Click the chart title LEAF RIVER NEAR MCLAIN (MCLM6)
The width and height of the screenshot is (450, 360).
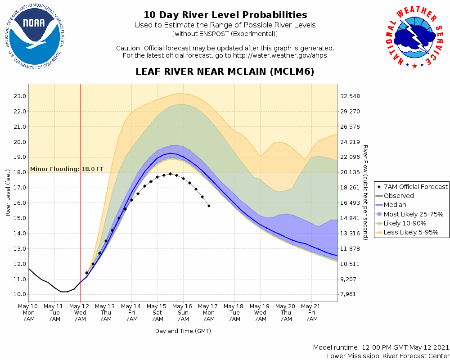coord(225,72)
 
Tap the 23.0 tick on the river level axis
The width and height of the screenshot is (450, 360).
coord(19,96)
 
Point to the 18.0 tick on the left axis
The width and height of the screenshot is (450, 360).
coord(19,172)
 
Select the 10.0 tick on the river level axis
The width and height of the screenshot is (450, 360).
coord(19,294)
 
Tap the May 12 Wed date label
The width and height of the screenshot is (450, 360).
coord(80,312)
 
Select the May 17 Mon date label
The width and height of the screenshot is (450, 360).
coord(209,312)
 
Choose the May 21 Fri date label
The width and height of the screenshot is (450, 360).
coord(311,312)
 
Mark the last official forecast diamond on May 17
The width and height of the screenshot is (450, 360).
coord(209,206)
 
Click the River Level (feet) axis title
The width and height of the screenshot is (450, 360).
coord(8,193)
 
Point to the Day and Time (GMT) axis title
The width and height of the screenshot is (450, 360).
coord(183,331)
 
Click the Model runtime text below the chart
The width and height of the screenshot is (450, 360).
coord(381,348)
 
